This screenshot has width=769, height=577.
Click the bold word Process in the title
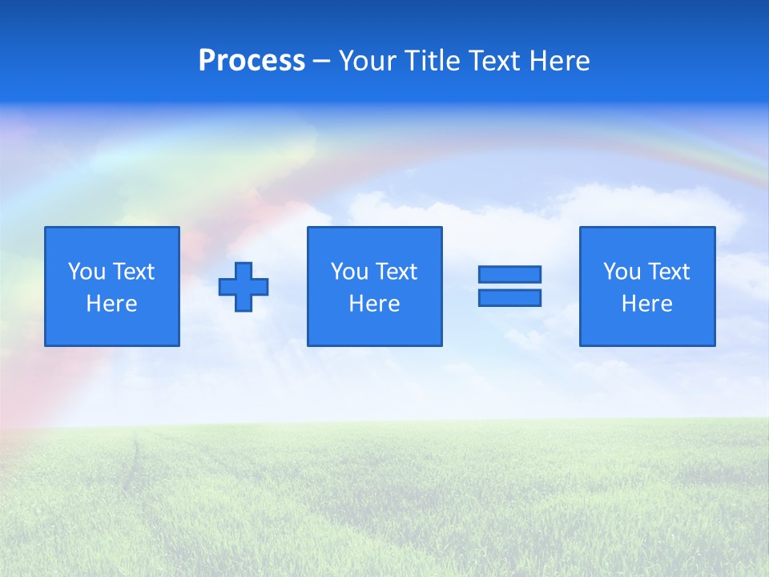click(252, 61)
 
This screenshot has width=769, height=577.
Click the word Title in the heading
click(433, 61)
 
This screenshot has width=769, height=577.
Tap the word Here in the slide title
click(559, 61)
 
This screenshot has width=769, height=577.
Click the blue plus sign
click(244, 287)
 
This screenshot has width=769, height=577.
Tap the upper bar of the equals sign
click(509, 274)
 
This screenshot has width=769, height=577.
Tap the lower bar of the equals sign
click(509, 298)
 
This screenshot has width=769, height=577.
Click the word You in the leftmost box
click(87, 272)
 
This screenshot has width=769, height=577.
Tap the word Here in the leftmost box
click(112, 304)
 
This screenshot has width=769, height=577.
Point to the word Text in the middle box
click(397, 272)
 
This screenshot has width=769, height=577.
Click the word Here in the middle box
click(375, 304)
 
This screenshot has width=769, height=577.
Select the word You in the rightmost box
click(622, 272)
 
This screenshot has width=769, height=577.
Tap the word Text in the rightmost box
click(669, 272)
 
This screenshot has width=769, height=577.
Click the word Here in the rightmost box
click(647, 304)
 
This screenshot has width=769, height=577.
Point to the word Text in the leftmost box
click(134, 272)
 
